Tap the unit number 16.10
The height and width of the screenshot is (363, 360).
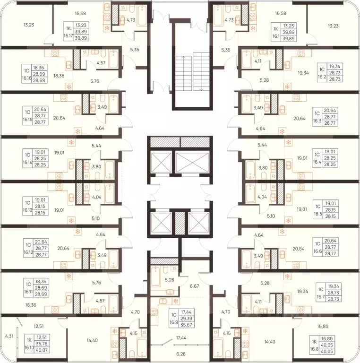click(x=29, y=347)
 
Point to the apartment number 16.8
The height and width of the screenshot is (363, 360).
click(x=314, y=349)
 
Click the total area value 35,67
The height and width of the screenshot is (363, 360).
click(x=186, y=325)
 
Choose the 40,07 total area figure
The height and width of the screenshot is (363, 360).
click(x=42, y=350)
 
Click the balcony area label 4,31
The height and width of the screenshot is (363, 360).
click(x=9, y=336)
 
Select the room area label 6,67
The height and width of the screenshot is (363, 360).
click(x=194, y=286)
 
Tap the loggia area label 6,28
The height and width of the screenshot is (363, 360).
click(x=180, y=354)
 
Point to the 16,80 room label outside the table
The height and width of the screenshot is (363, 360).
click(x=323, y=327)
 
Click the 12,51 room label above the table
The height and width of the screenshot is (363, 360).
click(x=38, y=326)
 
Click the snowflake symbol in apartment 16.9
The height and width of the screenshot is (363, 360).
click(x=176, y=301)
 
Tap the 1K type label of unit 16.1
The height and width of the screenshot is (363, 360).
click(x=276, y=29)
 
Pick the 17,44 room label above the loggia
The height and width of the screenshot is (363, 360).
click(x=181, y=338)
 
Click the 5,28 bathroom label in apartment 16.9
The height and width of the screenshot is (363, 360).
click(x=169, y=280)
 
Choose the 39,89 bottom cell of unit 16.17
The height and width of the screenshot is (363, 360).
click(x=81, y=38)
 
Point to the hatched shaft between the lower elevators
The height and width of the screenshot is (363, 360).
click(x=179, y=222)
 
